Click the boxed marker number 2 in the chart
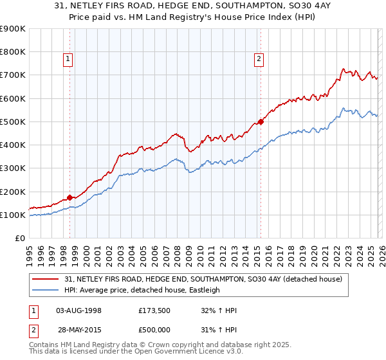[259, 59]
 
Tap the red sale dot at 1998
[69, 198]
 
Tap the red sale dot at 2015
[261, 122]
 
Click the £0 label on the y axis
[19, 238]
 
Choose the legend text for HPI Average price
[142, 290]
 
